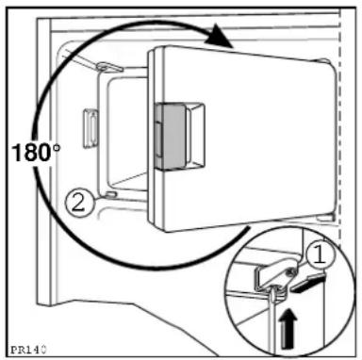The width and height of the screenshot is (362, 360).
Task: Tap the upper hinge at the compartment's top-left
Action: click(x=107, y=67)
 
